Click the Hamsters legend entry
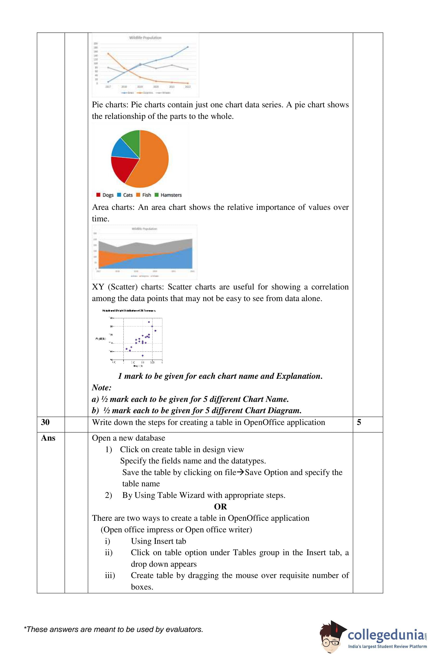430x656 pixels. click(168, 195)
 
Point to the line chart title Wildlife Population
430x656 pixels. click(145, 38)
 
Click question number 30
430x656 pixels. click(45, 422)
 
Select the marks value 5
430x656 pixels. click(359, 422)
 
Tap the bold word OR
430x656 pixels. click(220, 507)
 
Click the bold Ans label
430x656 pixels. click(48, 438)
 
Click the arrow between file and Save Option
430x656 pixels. click(240, 472)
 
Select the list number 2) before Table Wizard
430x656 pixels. click(108, 495)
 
